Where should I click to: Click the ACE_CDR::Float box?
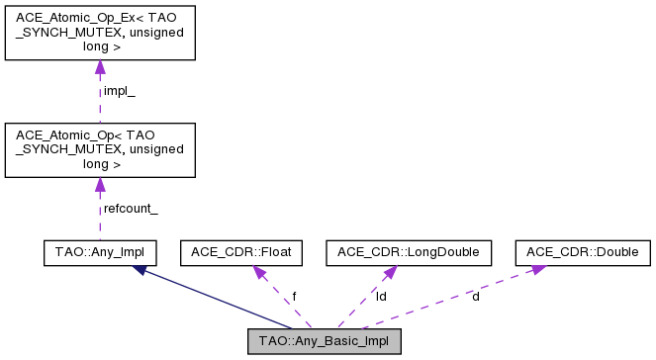pos(240,252)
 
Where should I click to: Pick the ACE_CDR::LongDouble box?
pos(409,252)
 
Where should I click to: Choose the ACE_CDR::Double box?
pos(583,252)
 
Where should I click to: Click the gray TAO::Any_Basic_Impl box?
pos(325,342)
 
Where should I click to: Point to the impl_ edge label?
pos(119,91)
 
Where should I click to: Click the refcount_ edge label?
pos(131,208)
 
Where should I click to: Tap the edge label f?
pos(293,296)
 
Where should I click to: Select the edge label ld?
pos(381,296)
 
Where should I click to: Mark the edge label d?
pos(476,296)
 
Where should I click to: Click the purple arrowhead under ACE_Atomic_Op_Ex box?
pos(99,68)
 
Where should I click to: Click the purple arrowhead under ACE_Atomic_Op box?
pos(99,185)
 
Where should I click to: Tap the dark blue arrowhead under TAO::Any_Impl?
pos(139,270)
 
